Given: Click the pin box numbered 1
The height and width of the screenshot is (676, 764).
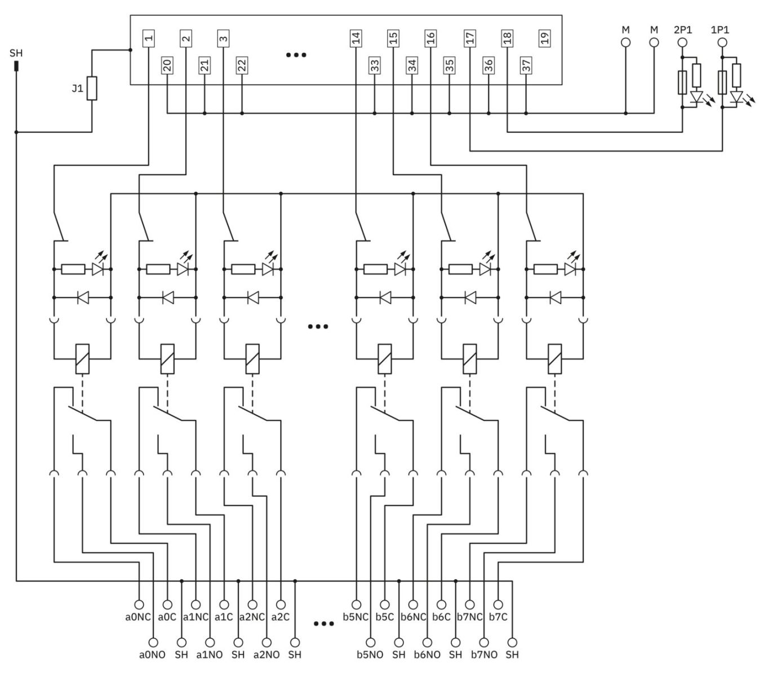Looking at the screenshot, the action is [x=148, y=38].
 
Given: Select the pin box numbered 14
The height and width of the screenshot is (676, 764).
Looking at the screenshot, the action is [x=355, y=38].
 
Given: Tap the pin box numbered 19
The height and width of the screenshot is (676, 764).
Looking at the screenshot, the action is [x=544, y=38].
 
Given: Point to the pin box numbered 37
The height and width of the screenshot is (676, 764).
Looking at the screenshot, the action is [x=525, y=65].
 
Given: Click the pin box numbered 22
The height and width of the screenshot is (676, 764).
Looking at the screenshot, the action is [x=241, y=65].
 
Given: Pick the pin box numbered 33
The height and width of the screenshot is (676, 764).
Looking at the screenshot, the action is [x=374, y=65].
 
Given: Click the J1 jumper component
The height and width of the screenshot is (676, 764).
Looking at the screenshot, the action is [x=92, y=88].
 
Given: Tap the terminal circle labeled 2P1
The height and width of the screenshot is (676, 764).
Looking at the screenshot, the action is [x=682, y=43].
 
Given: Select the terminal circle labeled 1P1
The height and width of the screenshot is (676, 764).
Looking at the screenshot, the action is [x=722, y=43].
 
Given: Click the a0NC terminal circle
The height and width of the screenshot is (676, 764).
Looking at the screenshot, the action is [x=139, y=605].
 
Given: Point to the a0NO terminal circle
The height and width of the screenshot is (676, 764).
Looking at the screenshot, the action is [x=153, y=642].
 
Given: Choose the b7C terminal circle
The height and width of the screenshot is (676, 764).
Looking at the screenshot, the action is [x=498, y=605].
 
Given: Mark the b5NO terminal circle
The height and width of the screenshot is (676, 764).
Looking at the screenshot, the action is [x=370, y=642].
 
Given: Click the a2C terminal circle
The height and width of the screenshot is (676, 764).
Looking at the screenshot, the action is [x=281, y=605].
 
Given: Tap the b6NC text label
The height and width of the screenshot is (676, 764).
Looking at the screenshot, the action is [x=413, y=617].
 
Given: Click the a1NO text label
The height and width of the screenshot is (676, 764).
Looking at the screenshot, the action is [x=209, y=655].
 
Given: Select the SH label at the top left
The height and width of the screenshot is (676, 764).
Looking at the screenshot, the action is [x=16, y=53].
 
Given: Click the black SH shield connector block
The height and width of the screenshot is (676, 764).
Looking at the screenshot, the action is [x=16, y=66].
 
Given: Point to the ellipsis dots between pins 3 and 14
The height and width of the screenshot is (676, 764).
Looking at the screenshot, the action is [x=296, y=55].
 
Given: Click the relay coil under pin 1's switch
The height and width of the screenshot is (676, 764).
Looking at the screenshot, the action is [x=82, y=359].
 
